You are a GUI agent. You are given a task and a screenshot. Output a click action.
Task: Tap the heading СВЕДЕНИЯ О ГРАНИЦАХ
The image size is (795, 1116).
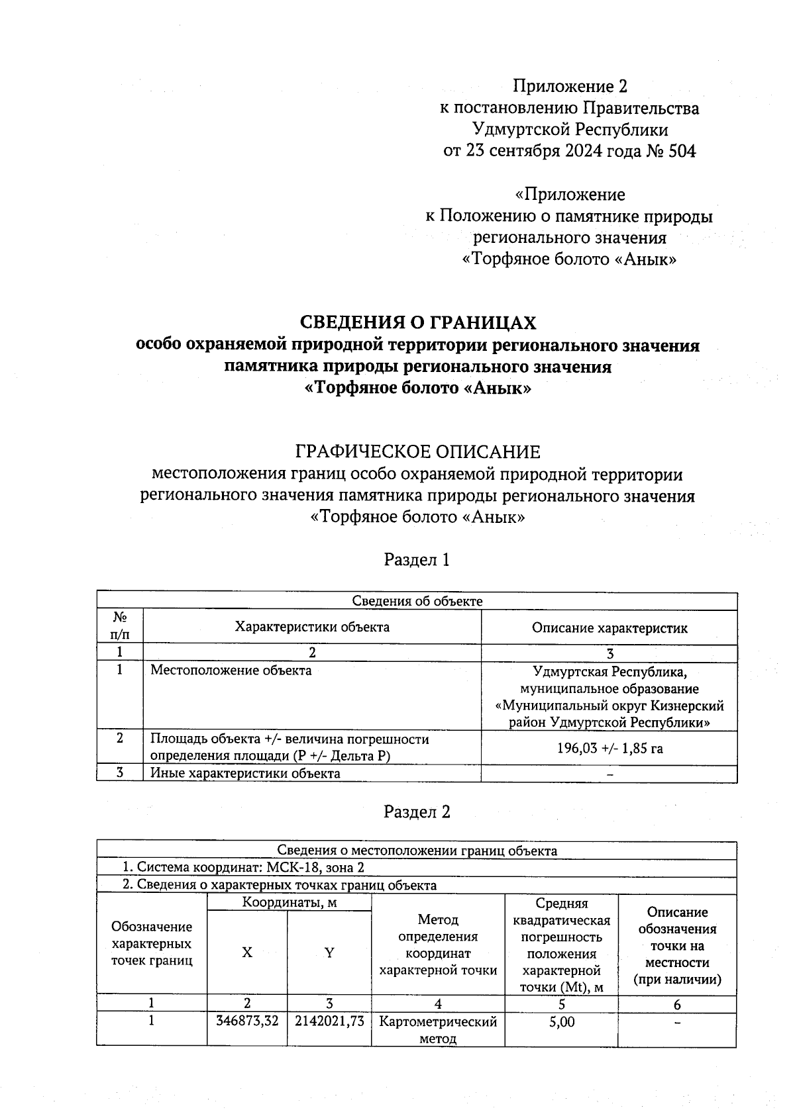tap(418, 322)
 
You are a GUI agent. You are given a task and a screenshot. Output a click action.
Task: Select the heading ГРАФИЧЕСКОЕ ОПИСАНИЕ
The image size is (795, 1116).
tap(417, 452)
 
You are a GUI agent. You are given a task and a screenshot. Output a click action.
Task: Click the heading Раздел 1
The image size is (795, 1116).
tap(417, 560)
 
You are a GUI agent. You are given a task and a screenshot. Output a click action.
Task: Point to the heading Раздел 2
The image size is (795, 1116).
tap(417, 812)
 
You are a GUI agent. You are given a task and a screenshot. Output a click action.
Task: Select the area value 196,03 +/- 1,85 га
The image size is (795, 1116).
tap(609, 748)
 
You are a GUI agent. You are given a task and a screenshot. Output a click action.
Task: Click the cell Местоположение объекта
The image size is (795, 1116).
tap(231, 670)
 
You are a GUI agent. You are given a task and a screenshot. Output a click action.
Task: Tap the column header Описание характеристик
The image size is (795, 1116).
tap(609, 628)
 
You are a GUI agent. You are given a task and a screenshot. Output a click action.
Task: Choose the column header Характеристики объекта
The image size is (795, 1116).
tap(312, 626)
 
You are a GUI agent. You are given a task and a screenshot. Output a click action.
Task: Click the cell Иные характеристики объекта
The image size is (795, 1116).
tap(245, 773)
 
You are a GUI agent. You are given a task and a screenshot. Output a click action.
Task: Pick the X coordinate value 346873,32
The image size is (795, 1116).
tap(247, 1021)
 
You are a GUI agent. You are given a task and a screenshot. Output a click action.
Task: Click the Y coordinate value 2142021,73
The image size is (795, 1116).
tap(329, 1021)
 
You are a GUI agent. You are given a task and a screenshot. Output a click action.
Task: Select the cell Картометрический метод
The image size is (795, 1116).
tap(437, 1029)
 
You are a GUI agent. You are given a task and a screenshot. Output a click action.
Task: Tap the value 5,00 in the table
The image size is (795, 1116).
tap(561, 1021)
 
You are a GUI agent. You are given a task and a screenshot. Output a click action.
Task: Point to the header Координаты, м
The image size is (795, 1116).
tap(289, 902)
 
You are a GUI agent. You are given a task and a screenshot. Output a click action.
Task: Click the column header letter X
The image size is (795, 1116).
tap(246, 953)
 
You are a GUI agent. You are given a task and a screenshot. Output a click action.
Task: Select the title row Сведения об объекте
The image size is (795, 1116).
tap(417, 601)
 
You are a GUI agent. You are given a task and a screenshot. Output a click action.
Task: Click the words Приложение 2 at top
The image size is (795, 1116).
tap(570, 86)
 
